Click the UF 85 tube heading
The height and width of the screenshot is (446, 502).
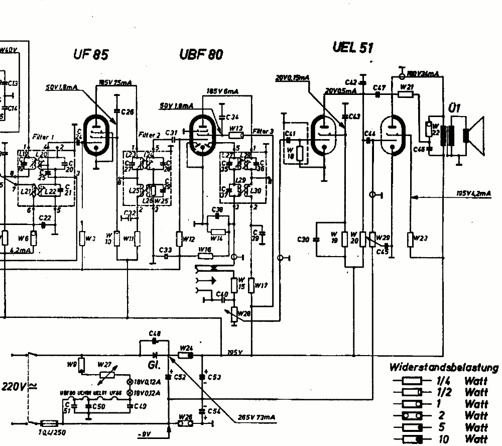pyautogui.click(x=90, y=54)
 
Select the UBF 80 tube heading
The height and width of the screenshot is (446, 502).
pyautogui.click(x=201, y=54)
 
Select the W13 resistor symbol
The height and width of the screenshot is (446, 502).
pyautogui.click(x=236, y=135)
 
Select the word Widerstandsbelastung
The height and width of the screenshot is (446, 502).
pyautogui.click(x=444, y=368)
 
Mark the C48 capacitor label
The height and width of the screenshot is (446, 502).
pyautogui.click(x=155, y=333)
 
